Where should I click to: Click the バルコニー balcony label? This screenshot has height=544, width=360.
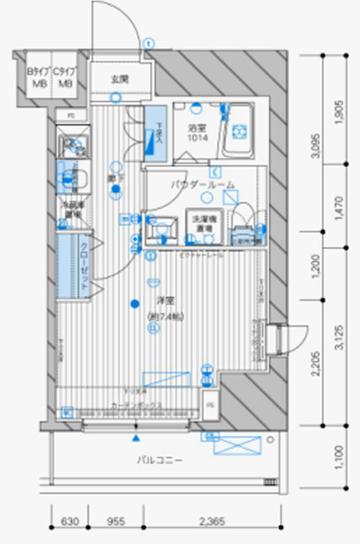pyautogui.click(x=159, y=460)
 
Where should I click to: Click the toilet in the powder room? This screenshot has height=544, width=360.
pyautogui.click(x=243, y=222)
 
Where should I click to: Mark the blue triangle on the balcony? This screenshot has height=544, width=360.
pyautogui.click(x=136, y=438)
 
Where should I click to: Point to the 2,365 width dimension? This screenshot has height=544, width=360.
pyautogui.click(x=212, y=521)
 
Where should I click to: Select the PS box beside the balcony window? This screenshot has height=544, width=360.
pyautogui.click(x=209, y=404)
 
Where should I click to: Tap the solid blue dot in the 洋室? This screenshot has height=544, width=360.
pyautogui.click(x=135, y=303)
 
